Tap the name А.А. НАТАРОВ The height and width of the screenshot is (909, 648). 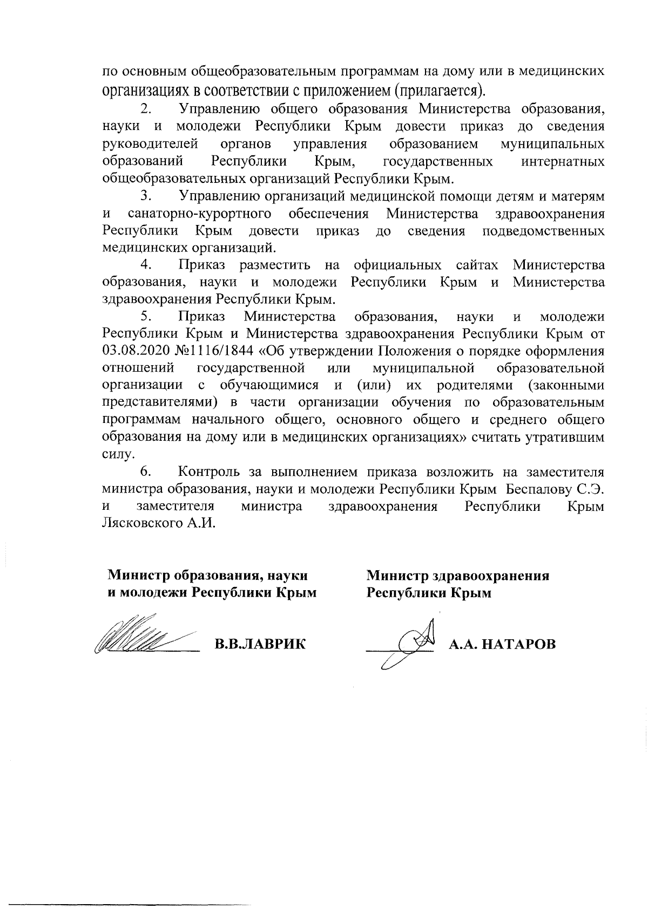[503, 644]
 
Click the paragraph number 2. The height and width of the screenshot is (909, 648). [146, 110]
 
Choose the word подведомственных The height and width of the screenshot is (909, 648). [543, 231]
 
